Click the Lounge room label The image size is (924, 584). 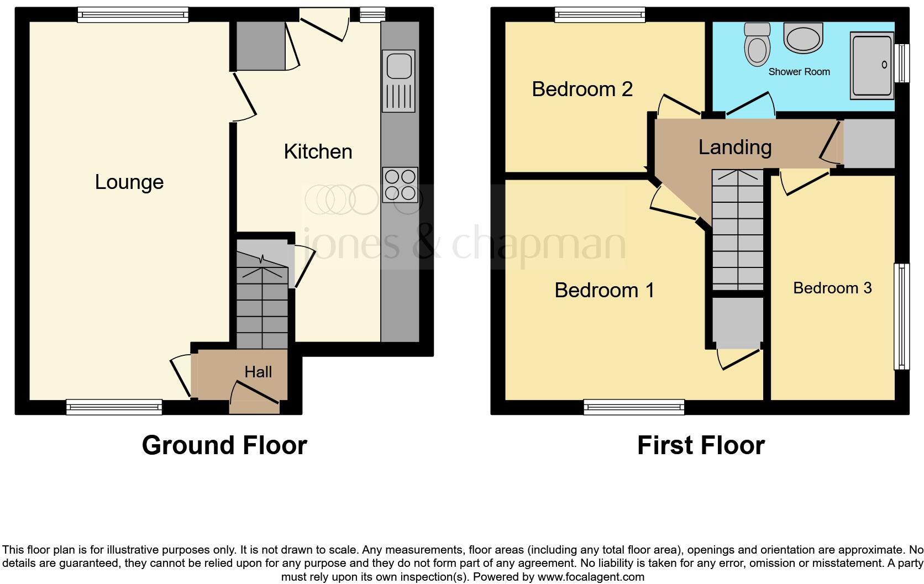(x=129, y=182)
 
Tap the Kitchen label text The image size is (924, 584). (x=318, y=151)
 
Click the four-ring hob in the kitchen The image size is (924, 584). (x=400, y=185)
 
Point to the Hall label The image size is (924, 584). (x=258, y=372)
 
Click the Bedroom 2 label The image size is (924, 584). (x=582, y=89)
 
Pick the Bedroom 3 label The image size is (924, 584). (x=832, y=288)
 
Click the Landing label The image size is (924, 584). (x=734, y=147)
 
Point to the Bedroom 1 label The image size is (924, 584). (x=605, y=290)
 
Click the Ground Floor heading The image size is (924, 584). (x=224, y=445)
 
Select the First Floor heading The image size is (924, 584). (x=701, y=445)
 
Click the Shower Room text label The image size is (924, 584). (x=799, y=72)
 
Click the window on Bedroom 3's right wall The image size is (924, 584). (x=901, y=316)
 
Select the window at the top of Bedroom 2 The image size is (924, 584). (x=600, y=14)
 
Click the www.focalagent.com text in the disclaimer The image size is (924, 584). (x=590, y=577)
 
